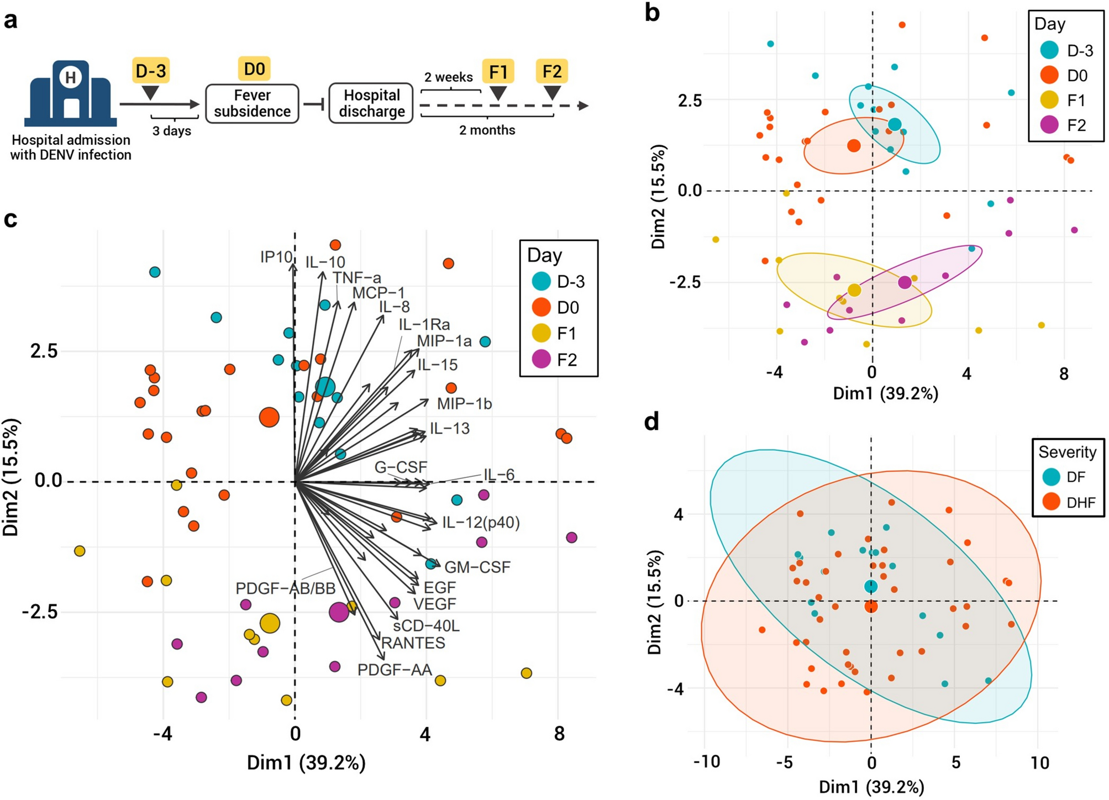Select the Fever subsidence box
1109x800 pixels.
(252, 103)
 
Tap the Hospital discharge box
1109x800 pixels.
(371, 103)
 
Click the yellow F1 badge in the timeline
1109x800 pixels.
(498, 71)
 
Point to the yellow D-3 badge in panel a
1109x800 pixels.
(150, 71)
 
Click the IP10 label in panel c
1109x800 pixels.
(276, 257)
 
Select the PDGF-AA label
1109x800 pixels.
(395, 670)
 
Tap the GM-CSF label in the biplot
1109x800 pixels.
(477, 567)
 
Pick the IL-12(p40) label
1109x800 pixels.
(481, 522)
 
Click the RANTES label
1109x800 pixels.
(413, 643)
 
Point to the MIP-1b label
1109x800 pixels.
(464, 404)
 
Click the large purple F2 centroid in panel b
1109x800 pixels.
(905, 282)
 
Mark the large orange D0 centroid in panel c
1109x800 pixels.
(269, 417)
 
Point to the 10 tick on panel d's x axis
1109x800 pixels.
(1039, 763)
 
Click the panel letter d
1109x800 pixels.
(652, 422)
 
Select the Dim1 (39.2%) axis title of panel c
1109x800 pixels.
(306, 763)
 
